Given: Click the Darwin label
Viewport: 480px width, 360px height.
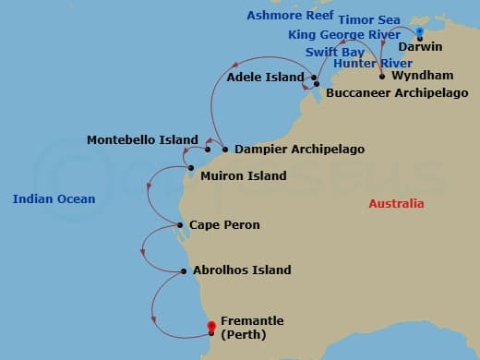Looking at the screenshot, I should (424, 45).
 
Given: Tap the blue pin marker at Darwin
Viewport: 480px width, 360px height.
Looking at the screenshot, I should (420, 31).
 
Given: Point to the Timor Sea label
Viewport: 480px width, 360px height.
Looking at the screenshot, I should (368, 19).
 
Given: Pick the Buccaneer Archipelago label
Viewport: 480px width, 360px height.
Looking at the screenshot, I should (396, 93).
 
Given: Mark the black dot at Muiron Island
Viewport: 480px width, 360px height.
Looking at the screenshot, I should (191, 168).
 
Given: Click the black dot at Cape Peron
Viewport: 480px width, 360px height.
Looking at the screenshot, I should (180, 225).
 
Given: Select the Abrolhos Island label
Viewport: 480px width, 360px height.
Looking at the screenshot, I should (242, 270).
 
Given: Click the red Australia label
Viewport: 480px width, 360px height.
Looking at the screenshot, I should (396, 203).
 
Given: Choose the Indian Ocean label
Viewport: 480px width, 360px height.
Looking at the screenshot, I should (54, 198).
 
